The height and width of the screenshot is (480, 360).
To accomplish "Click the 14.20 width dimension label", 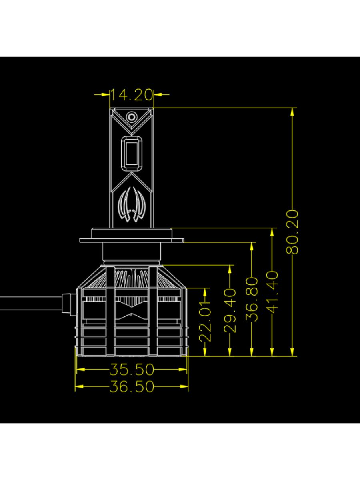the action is pyautogui.click(x=132, y=95).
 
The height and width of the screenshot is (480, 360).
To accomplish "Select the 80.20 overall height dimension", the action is pyautogui.click(x=292, y=232).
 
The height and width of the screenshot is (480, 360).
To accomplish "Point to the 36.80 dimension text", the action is pyautogui.click(x=252, y=299).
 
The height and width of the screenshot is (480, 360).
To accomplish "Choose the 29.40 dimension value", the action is pyautogui.click(x=230, y=311).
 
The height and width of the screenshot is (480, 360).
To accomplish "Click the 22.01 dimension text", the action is pyautogui.click(x=205, y=322).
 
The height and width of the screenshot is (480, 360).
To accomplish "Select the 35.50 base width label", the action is pyautogui.click(x=132, y=369).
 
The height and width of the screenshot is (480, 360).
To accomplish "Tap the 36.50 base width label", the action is pyautogui.click(x=132, y=386).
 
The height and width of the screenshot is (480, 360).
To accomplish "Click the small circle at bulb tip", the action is pyautogui.click(x=131, y=117).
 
